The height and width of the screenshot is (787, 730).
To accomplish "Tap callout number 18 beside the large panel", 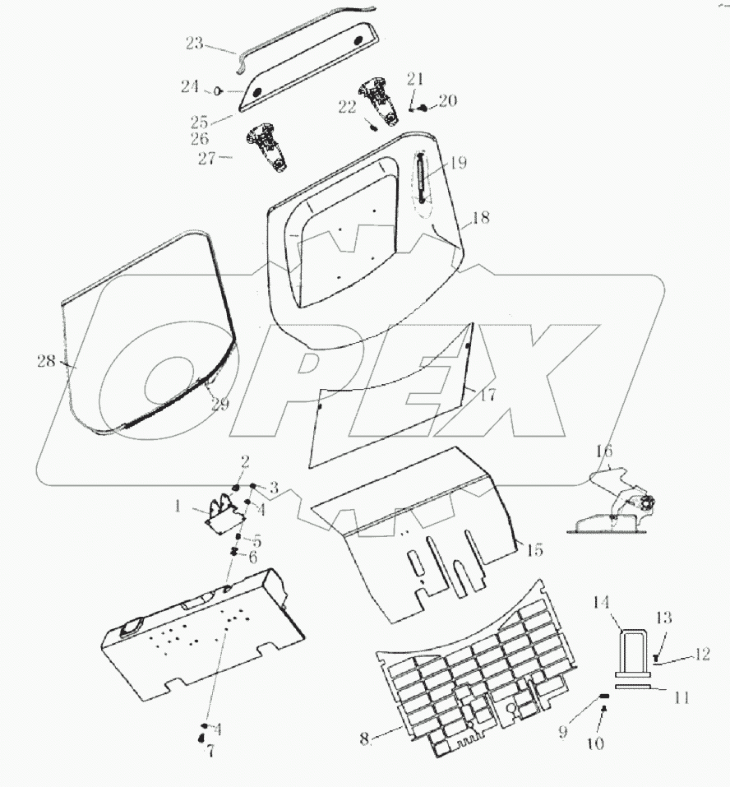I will click(480, 219).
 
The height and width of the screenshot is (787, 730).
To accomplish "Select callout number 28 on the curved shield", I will click(46, 360).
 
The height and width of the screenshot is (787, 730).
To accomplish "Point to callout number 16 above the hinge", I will click(604, 451).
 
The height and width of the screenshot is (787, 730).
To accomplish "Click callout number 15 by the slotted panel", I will click(535, 550).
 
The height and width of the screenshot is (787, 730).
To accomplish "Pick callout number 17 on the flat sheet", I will click(487, 395).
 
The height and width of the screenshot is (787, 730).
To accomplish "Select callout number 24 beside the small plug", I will click(191, 86).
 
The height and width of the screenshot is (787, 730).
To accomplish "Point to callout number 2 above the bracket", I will click(245, 461).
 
